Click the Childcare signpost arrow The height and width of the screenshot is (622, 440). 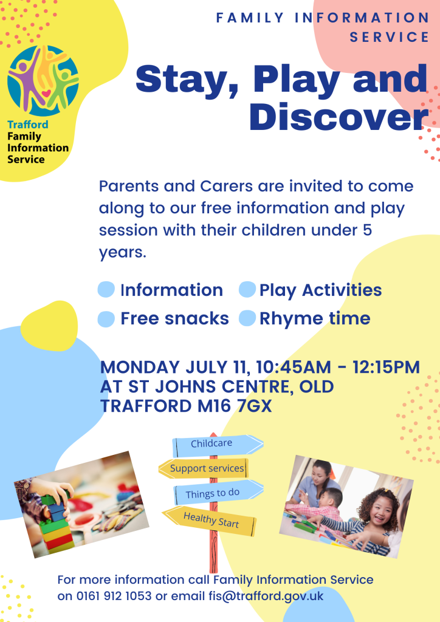click(x=218, y=445)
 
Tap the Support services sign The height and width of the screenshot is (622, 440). click(x=204, y=468)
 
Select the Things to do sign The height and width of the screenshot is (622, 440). click(x=219, y=492)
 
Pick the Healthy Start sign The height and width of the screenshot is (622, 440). click(x=210, y=521)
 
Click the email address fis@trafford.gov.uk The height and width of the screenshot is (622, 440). click(x=266, y=596)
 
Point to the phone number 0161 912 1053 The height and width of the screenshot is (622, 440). click(x=114, y=596)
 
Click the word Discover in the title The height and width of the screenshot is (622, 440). click(x=339, y=117)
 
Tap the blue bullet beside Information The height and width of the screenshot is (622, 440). click(x=106, y=290)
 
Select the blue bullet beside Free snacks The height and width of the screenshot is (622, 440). click(x=106, y=318)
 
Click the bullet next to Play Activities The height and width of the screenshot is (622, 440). click(x=247, y=289)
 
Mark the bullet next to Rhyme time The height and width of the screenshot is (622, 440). click(x=247, y=318)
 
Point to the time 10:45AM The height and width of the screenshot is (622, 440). click(x=294, y=367)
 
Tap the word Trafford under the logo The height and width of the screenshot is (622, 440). click(x=28, y=125)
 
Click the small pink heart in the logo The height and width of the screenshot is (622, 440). click(x=46, y=94)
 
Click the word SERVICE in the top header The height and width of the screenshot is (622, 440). click(x=389, y=37)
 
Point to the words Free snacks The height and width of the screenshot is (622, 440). click(x=174, y=318)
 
